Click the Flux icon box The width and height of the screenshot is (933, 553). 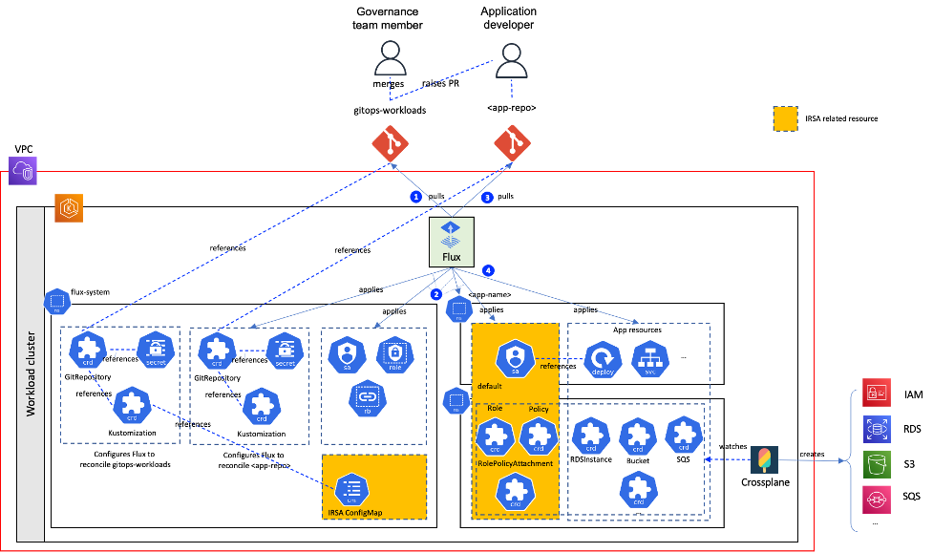pos(451,242)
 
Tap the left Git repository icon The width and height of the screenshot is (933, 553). pos(390,143)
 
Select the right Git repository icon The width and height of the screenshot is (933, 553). pos(512,143)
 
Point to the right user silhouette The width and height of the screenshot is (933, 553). pos(512,60)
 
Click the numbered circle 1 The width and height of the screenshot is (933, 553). pos(415,197)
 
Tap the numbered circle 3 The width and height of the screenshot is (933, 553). pos(487,197)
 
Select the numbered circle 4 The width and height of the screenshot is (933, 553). pos(488,270)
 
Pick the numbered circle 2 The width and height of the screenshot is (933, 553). pos(435,294)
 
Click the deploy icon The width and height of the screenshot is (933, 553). pos(603,360)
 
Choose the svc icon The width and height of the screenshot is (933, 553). pos(650,360)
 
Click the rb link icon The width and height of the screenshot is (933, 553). pos(368,398)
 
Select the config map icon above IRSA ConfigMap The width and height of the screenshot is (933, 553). pos(352,488)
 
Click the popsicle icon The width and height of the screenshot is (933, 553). pos(764,459)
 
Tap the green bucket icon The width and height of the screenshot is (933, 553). pos(877,464)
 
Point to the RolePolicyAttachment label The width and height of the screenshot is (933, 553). pos(514,463)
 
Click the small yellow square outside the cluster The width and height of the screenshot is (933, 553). pos(785,118)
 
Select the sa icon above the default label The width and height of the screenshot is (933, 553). pos(515,359)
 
